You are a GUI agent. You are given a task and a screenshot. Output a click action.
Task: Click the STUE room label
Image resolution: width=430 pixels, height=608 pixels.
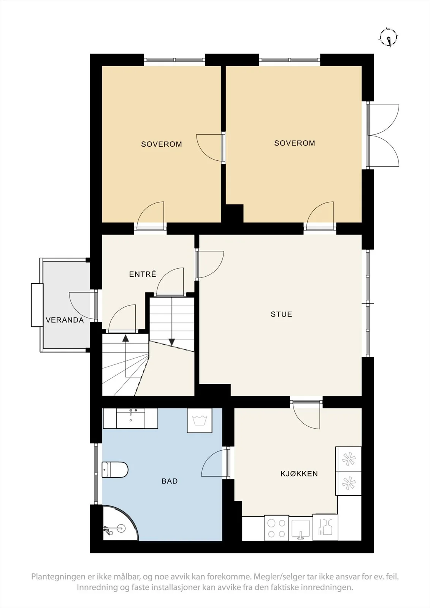pyautogui.click(x=281, y=314)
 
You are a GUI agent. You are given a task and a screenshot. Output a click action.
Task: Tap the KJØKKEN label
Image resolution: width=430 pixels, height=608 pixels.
pyautogui.click(x=299, y=473)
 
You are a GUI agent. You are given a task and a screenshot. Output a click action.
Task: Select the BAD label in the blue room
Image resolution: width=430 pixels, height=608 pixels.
pyautogui.click(x=170, y=481)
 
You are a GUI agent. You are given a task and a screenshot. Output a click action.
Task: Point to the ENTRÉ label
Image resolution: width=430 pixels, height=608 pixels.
pyautogui.click(x=143, y=274)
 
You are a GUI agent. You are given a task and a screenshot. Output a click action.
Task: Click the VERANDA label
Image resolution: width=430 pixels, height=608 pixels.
pyautogui.click(x=65, y=320)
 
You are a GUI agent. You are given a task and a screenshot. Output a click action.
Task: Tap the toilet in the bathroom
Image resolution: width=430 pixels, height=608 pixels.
pyautogui.click(x=115, y=470)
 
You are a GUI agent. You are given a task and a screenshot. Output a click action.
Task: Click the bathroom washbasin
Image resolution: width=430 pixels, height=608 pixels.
pyautogui.click(x=131, y=418)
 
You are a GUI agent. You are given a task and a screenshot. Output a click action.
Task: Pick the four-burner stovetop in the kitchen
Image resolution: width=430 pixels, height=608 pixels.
pyautogui.click(x=276, y=528)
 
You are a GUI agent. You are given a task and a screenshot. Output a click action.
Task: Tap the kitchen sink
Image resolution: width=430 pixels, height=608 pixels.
pyautogui.click(x=300, y=528)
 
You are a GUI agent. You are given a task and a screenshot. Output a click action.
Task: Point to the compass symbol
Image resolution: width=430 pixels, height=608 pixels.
pyautogui.click(x=389, y=38)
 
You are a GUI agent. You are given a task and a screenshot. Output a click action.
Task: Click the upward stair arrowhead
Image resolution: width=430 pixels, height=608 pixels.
pyautogui.click(x=125, y=338)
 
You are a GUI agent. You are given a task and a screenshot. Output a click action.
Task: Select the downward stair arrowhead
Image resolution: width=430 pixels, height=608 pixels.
pyautogui.click(x=172, y=342)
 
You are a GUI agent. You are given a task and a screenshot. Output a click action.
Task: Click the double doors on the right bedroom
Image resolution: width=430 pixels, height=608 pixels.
pyautogui.click(x=382, y=135)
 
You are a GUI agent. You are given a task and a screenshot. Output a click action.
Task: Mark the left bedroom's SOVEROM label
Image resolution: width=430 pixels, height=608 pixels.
pyautogui.click(x=161, y=144)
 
